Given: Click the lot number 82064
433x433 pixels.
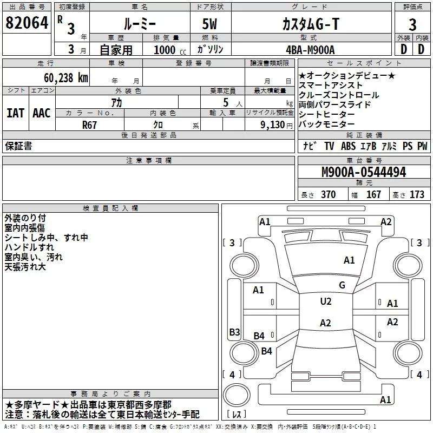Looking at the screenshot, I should pyautogui.click(x=27, y=23).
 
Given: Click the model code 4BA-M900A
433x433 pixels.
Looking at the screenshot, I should pyautogui.click(x=310, y=49).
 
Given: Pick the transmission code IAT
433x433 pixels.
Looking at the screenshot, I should pyautogui.click(x=15, y=113).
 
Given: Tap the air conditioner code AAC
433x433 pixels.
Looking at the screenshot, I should pyautogui.click(x=42, y=113).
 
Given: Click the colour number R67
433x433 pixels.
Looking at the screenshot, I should pyautogui.click(x=90, y=124).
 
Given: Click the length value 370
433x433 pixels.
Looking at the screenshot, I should pyautogui.click(x=328, y=194).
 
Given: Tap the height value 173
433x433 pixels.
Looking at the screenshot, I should pyautogui.click(x=417, y=194).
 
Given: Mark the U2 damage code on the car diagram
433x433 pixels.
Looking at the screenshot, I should pyautogui.click(x=326, y=301).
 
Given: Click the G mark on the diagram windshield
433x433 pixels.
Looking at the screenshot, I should pyautogui.click(x=342, y=285).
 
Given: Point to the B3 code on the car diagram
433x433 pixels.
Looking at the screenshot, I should pyautogui.click(x=234, y=332).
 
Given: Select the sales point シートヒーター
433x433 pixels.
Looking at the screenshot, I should pyautogui.click(x=327, y=114).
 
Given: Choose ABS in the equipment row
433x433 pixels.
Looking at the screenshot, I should pyautogui.click(x=349, y=146).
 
